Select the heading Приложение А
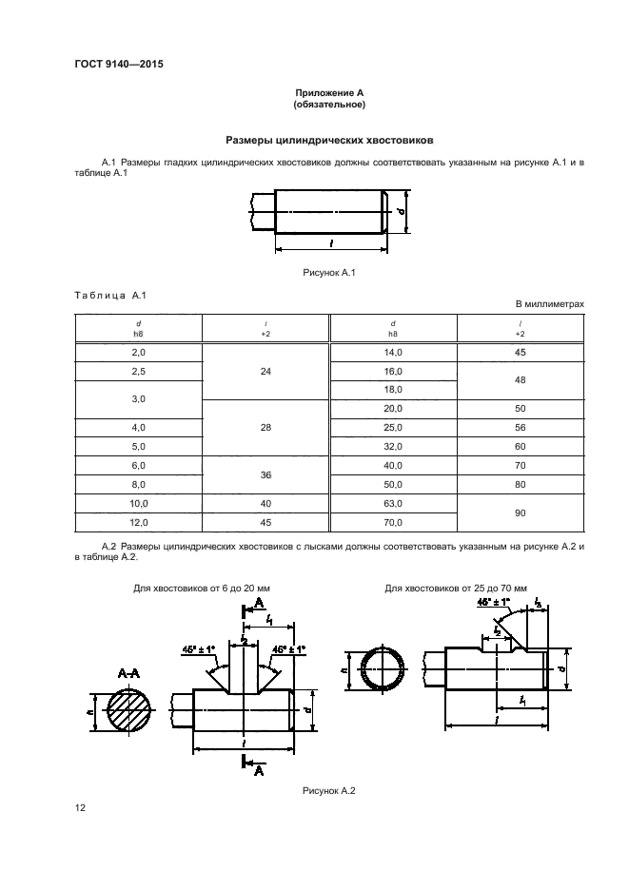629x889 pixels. tap(329, 92)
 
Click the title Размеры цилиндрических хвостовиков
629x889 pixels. tap(329, 140)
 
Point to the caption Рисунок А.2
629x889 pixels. tap(328, 791)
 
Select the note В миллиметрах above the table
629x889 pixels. tap(549, 304)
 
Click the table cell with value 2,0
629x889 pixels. tap(138, 352)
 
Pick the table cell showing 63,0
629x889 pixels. tap(393, 503)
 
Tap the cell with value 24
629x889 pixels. tap(265, 371)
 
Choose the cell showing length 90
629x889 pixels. tap(520, 512)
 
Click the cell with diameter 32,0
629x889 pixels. tap(393, 446)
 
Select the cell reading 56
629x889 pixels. tap(520, 427)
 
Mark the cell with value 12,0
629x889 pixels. tap(138, 522)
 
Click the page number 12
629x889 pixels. tap(81, 808)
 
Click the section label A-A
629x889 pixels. tap(128, 672)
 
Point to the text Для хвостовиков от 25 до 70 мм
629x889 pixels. tap(456, 589)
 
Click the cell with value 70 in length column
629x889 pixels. tap(520, 465)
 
